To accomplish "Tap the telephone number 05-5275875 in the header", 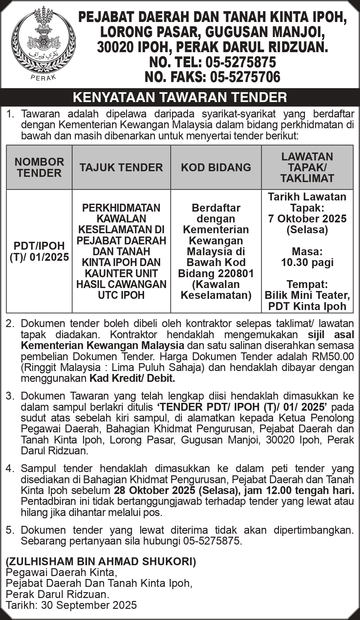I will [x=241, y=62].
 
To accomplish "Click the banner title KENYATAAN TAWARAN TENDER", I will [x=180, y=97].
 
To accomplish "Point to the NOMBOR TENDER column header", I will [x=39, y=167].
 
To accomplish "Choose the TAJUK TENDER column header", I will [x=121, y=167].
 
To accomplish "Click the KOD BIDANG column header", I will [x=216, y=167].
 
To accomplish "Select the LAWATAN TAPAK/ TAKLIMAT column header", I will [x=307, y=167].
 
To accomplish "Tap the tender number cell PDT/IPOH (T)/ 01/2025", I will [x=39, y=251].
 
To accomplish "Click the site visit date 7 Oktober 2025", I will [x=307, y=218].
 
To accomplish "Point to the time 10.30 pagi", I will [x=307, y=262].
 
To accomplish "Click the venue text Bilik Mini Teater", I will [x=307, y=295].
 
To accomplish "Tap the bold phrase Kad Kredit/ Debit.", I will [x=132, y=378].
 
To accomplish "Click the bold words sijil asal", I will [x=331, y=335].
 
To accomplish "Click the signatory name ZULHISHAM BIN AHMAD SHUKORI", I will [x=101, y=562].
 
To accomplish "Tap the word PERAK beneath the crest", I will [x=43, y=77].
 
